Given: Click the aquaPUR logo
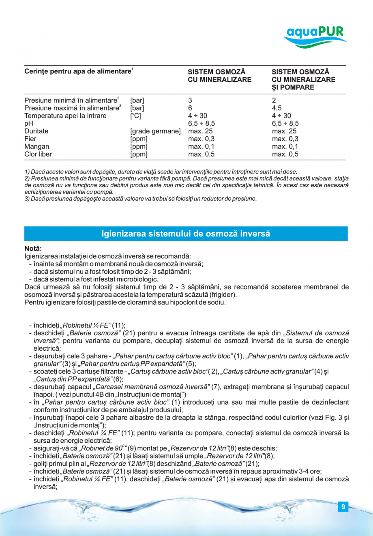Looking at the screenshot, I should click(x=315, y=36).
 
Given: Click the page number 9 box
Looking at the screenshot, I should click(x=343, y=507).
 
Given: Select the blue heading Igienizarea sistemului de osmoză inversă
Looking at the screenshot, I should click(x=186, y=234).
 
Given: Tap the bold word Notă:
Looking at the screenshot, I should click(x=33, y=249).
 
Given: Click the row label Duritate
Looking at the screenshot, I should click(x=36, y=131).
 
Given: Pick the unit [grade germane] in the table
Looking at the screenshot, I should click(x=155, y=131).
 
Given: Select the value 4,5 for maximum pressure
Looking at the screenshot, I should click(x=277, y=108).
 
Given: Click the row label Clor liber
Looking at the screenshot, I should click(x=38, y=154).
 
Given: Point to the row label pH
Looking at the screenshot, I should click(x=28, y=123).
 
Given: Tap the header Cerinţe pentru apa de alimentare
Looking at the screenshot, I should click(x=78, y=72).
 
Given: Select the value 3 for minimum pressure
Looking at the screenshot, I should click(x=190, y=100).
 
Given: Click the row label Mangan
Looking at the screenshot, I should click(x=36, y=146).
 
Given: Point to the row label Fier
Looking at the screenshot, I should click(x=30, y=139).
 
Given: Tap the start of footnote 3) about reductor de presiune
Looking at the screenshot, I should click(x=27, y=199).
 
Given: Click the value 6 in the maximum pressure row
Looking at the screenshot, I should click(x=190, y=108).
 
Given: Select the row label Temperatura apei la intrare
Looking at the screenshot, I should click(x=65, y=116).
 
